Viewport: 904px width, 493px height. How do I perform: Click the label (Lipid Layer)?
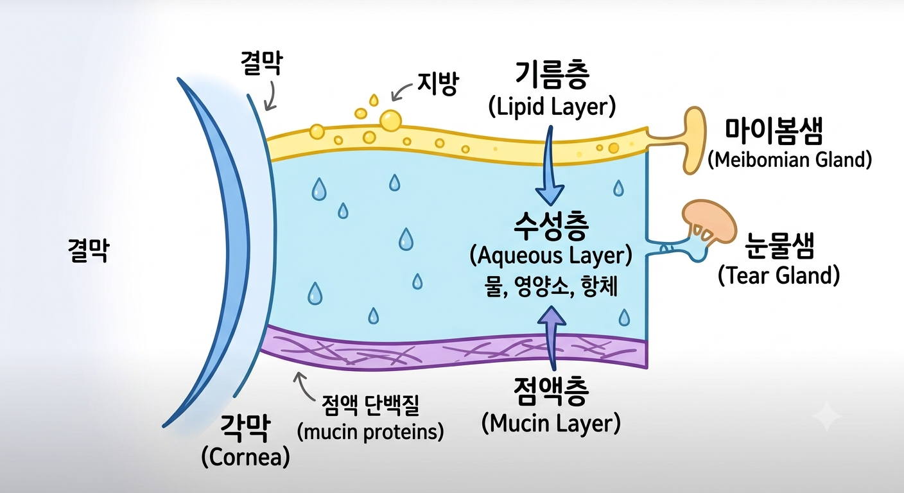click(x=552, y=108)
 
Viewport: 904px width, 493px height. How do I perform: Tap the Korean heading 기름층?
click(x=553, y=76)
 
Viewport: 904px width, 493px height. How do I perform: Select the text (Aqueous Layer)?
click(x=552, y=256)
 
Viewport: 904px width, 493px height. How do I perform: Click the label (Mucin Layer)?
click(x=552, y=424)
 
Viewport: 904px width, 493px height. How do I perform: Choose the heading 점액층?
click(x=552, y=392)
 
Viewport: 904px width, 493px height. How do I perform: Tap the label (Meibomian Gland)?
click(x=790, y=160)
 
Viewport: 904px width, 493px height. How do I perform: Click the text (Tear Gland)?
click(x=779, y=276)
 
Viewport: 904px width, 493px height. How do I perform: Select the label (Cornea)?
click(x=246, y=457)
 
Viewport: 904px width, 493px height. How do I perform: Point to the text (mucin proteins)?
click(x=370, y=432)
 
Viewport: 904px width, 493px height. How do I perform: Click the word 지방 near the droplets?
click(x=438, y=84)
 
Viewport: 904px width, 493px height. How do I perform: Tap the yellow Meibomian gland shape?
click(x=694, y=139)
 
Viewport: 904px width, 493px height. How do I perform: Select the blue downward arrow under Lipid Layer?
click(x=550, y=166)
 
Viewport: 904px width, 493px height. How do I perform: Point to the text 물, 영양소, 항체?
click(x=552, y=288)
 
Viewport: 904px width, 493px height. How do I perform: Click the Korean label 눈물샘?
click(x=779, y=246)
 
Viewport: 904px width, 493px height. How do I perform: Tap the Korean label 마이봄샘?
click(x=774, y=132)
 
